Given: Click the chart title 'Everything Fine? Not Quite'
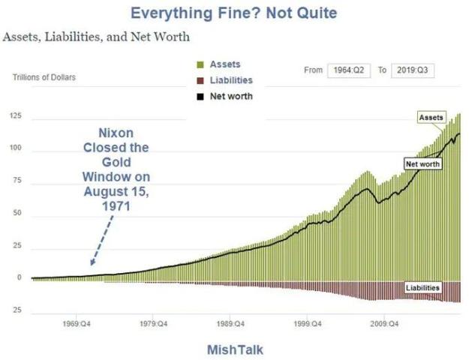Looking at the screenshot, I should point(233,13).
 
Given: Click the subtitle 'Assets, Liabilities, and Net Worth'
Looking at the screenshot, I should point(97,36).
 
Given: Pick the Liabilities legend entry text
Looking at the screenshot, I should point(231,80).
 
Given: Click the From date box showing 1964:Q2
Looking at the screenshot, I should point(348,70).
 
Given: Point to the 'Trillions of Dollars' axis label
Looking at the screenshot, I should point(44,77).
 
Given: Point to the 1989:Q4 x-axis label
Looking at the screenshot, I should point(230,324).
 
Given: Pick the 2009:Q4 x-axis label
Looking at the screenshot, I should point(383,324).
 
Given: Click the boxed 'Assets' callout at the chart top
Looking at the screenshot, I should point(431,118).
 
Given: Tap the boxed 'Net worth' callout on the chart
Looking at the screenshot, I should point(422,163).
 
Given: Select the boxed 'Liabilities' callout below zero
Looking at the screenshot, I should point(422,287).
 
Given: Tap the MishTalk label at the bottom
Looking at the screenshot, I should point(235,349).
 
